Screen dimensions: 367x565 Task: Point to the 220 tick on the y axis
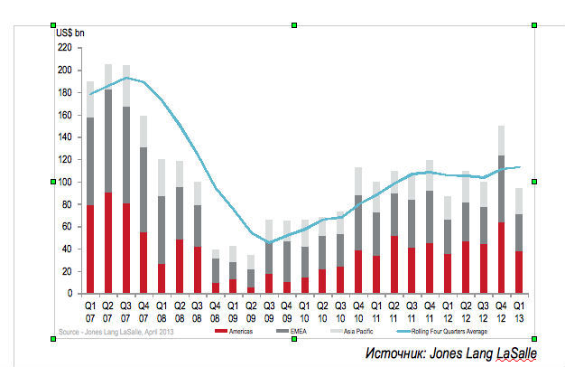(x=64, y=48)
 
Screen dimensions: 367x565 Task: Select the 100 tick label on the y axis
(x=64, y=182)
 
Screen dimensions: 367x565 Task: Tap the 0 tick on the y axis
(x=69, y=294)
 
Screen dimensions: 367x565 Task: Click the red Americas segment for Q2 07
(x=109, y=242)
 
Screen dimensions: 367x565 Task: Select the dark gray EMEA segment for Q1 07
(x=90, y=161)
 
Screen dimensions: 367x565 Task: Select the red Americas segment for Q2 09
(x=250, y=290)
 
